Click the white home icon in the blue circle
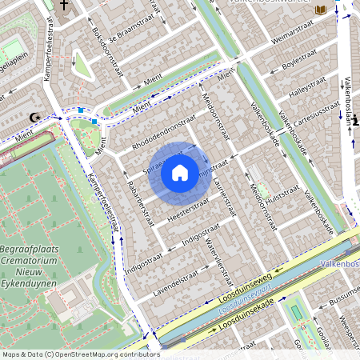[x=180, y=172]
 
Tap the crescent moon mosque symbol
[x=34, y=118]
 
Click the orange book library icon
[x=321, y=10]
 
